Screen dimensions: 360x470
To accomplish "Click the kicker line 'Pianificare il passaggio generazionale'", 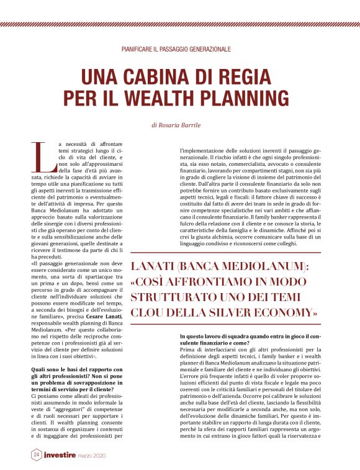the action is (x=176, y=48).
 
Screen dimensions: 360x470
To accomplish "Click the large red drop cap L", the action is (x=40, y=157).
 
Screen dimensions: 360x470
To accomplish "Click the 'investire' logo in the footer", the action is (x=60, y=455).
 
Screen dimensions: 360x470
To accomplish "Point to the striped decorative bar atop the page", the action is (x=180, y=25).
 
